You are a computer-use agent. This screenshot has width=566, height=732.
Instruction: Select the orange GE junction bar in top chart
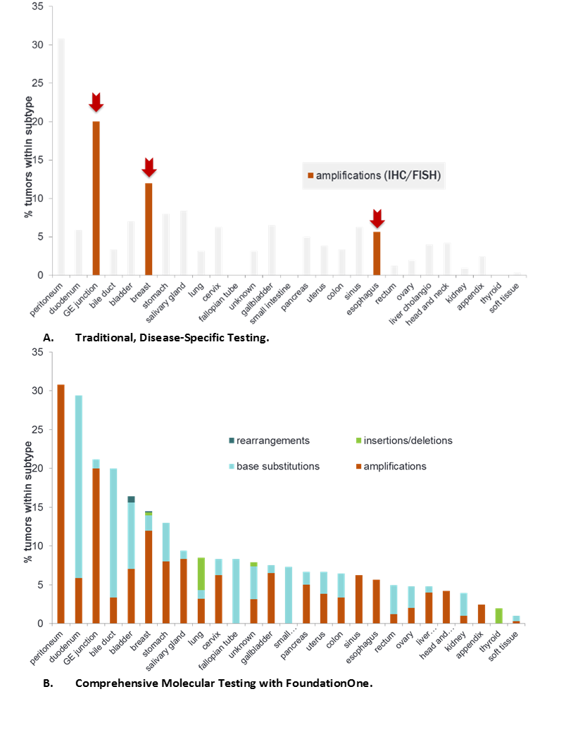(96, 198)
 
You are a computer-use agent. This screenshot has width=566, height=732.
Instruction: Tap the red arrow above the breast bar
(149, 167)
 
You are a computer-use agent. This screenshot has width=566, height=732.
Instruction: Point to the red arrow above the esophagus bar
(377, 218)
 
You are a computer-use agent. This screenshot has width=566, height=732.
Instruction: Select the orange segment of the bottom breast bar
(149, 576)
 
